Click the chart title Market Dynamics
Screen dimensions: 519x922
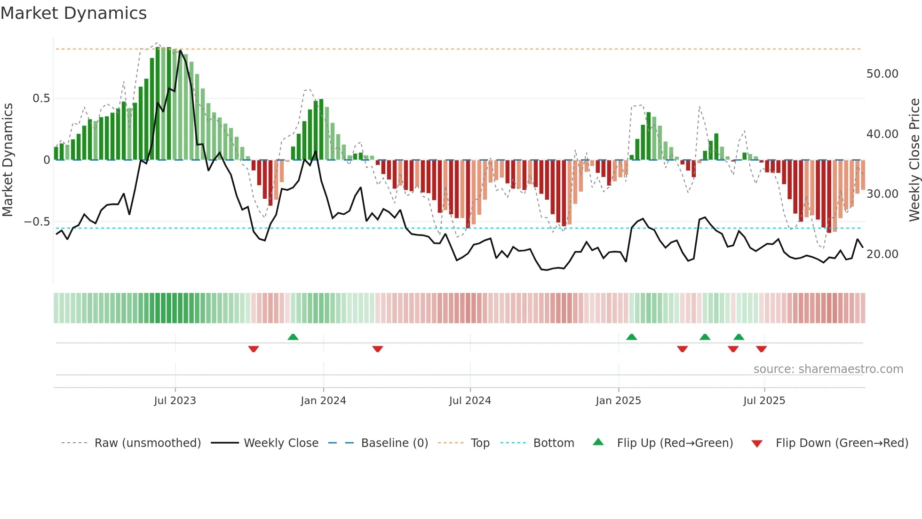73,13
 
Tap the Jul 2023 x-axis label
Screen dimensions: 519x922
175,401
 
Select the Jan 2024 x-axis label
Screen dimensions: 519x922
323,401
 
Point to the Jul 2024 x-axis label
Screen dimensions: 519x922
470,401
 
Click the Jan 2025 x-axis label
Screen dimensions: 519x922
618,401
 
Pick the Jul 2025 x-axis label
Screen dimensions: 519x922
764,401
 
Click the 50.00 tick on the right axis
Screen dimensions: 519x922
882,74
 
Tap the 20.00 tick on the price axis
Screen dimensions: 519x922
882,254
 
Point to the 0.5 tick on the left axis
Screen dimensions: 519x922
41,98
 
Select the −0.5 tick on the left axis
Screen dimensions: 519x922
37,222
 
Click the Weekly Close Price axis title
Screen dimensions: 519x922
914,160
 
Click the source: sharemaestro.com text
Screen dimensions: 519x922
828,369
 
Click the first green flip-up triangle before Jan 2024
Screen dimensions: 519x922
293,337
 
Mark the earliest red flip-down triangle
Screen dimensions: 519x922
254,349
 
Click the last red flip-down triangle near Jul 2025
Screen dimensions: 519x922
762,349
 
